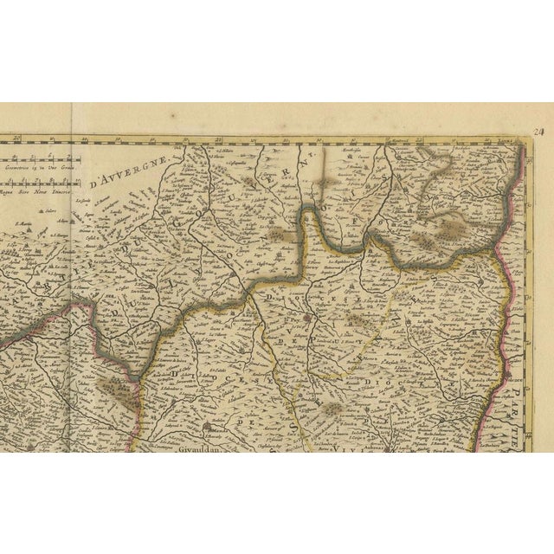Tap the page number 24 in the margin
[538, 132]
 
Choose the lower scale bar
[39, 184]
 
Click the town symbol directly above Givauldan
[206, 426]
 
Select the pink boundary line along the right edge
[518, 260]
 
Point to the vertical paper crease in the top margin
[72, 121]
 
